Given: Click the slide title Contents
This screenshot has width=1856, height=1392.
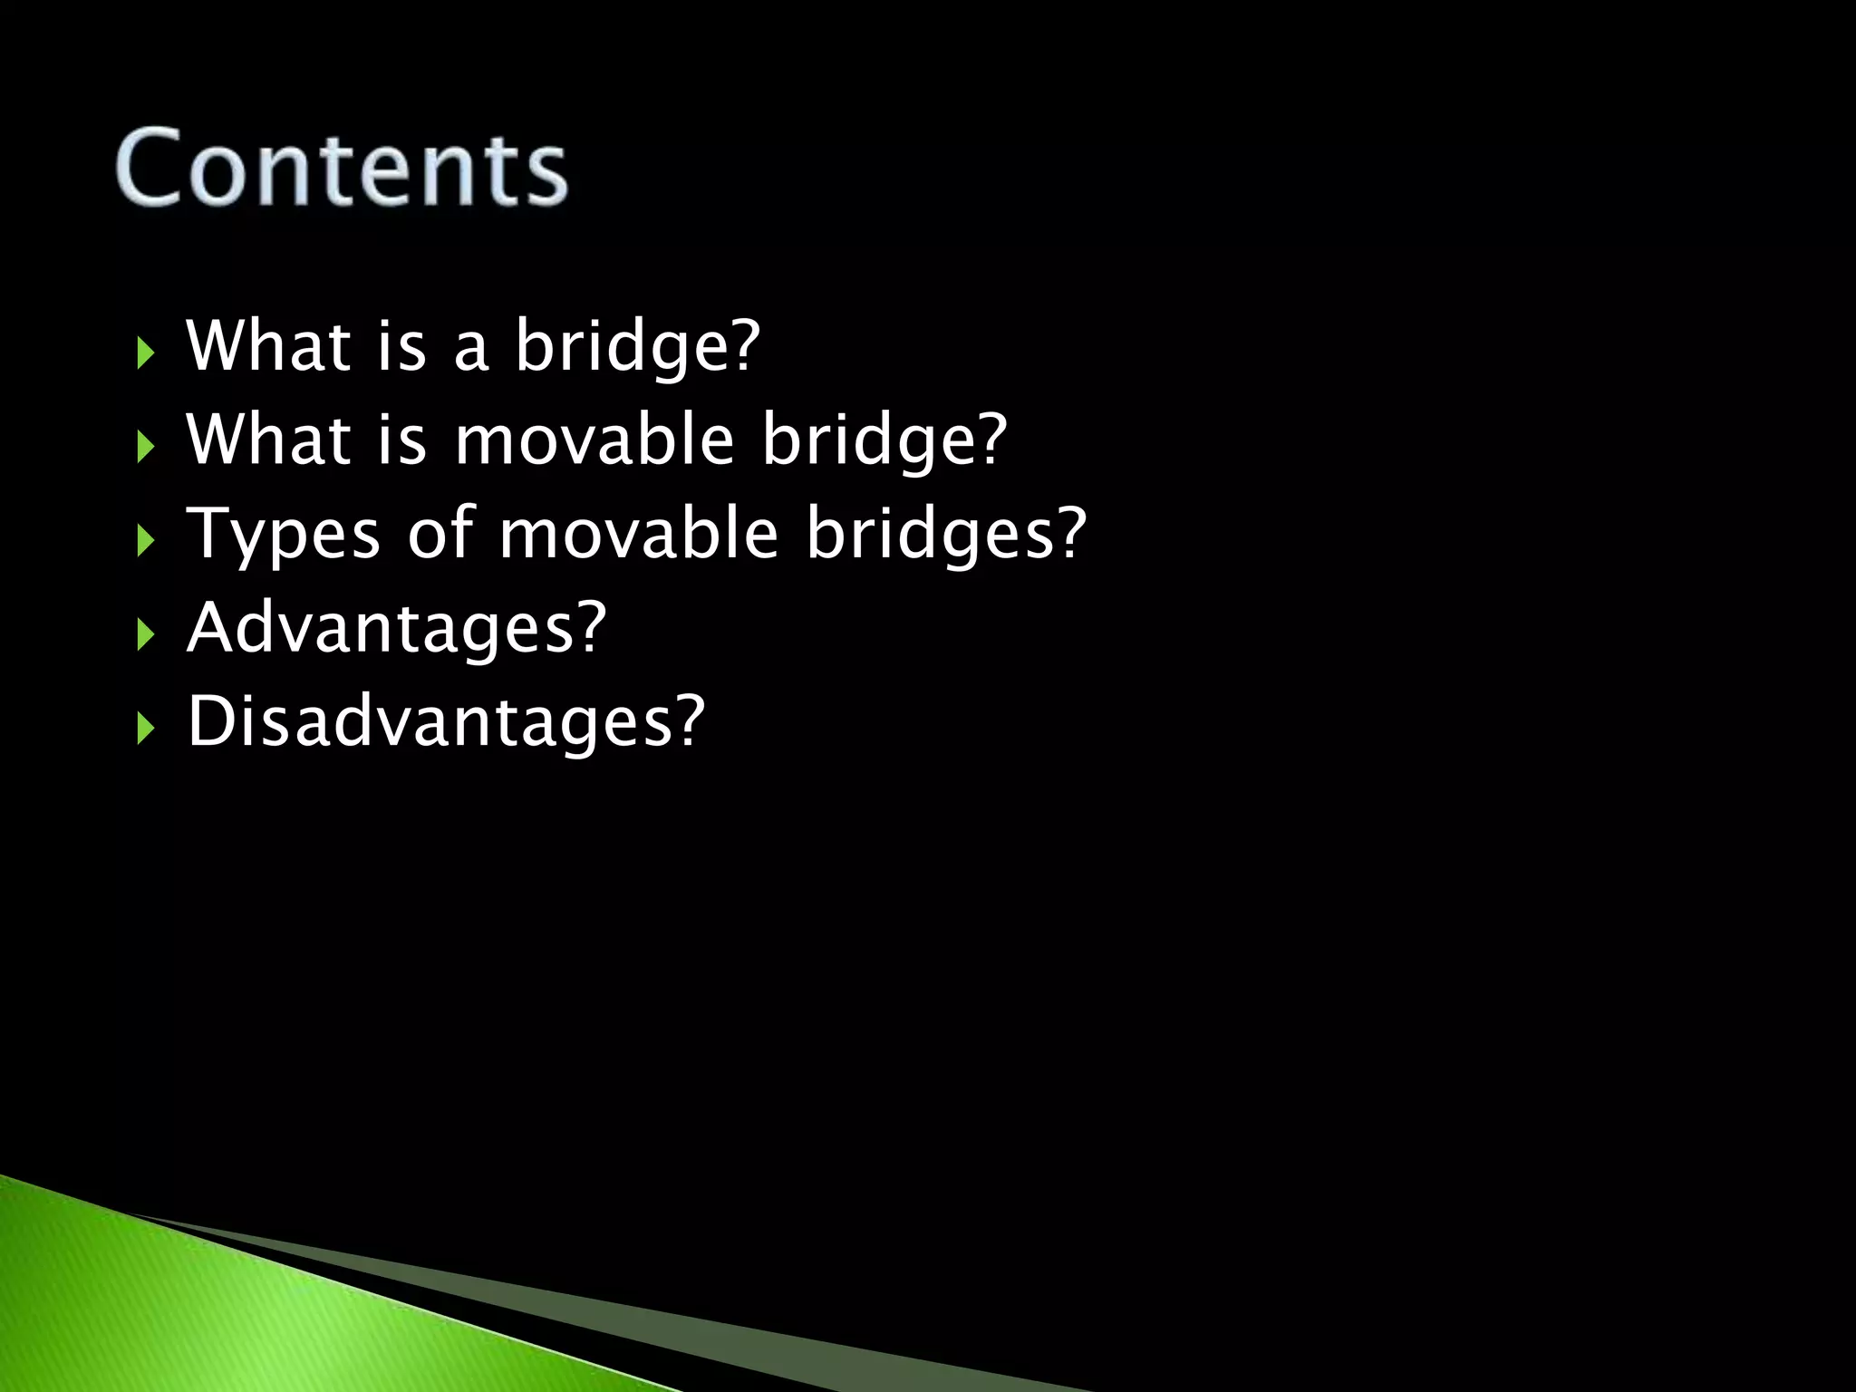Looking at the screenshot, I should tap(341, 168).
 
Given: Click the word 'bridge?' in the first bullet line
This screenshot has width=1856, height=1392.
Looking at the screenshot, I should tap(637, 347).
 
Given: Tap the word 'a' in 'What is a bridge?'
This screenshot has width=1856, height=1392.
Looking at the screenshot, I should tap(471, 349).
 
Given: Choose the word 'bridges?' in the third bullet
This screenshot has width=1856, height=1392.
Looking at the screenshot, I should tap(945, 535).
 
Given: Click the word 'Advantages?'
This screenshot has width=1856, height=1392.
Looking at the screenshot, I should tap(396, 628).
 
